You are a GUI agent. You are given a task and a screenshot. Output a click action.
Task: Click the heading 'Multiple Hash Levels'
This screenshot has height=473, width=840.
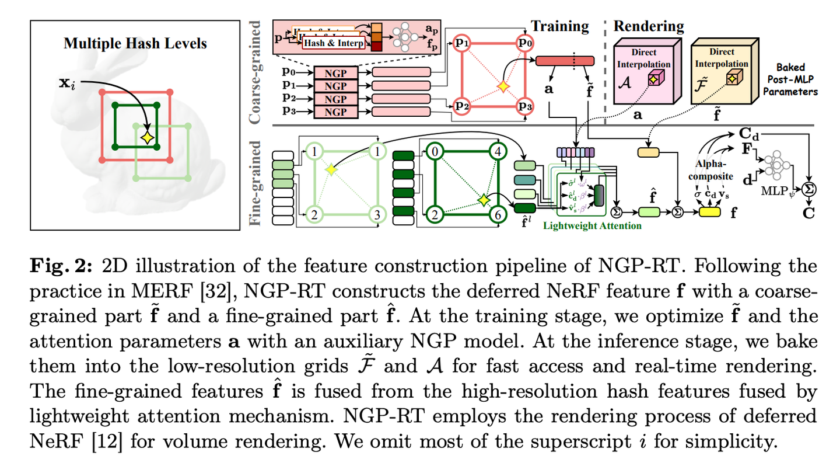tap(135, 43)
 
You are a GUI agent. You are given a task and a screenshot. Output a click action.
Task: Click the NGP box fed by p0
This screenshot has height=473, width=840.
tap(335, 73)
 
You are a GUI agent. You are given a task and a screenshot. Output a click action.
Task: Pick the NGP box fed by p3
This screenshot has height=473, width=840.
tap(335, 111)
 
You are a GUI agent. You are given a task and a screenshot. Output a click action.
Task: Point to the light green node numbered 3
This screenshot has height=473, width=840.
tap(377, 214)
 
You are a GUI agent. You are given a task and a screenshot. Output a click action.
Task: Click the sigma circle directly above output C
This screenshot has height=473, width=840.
tap(808, 189)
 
